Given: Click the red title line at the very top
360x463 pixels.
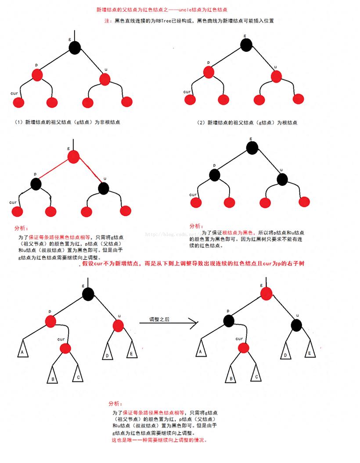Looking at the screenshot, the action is point(162,10).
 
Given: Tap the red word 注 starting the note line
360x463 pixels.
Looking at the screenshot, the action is point(107,21).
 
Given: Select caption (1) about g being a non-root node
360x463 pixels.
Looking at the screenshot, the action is point(68,122).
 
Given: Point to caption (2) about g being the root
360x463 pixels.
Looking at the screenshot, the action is point(247,123).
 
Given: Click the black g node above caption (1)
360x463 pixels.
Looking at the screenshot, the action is point(75,48).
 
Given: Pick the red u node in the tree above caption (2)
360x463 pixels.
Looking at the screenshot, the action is point(276,76).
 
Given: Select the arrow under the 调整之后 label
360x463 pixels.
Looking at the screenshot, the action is point(169,323).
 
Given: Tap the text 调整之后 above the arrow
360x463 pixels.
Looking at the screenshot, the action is point(159,319).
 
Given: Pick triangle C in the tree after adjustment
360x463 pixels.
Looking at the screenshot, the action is point(256,374).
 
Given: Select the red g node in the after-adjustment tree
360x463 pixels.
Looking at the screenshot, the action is point(266,293).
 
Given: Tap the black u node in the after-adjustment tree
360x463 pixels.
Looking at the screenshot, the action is point(296,326).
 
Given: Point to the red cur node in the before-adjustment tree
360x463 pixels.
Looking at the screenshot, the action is point(65,348).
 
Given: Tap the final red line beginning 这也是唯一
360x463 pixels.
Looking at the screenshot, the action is point(159,440).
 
